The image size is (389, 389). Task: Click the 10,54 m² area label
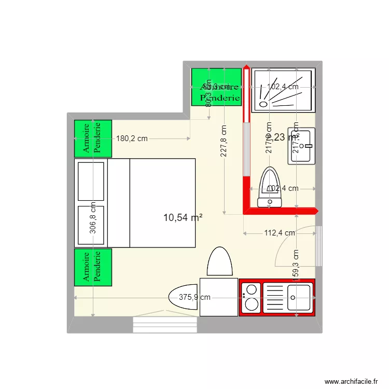pyautogui.click(x=183, y=218)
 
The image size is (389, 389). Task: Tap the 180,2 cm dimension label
pyautogui.click(x=132, y=138)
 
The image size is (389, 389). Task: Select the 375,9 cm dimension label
pyautogui.click(x=195, y=298)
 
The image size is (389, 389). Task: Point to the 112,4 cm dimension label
pyautogui.click(x=280, y=233)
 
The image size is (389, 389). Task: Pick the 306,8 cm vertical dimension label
pyautogui.click(x=93, y=218)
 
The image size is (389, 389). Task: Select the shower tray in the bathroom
pyautogui.click(x=283, y=91)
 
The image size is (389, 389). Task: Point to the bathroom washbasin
pyautogui.click(x=302, y=146)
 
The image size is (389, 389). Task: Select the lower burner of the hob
pyautogui.click(x=252, y=304)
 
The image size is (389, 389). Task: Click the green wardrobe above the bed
pyautogui.click(x=93, y=138)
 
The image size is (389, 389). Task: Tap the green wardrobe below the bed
pyautogui.click(x=93, y=267)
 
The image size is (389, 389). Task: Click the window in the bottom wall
pyautogui.click(x=165, y=325)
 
